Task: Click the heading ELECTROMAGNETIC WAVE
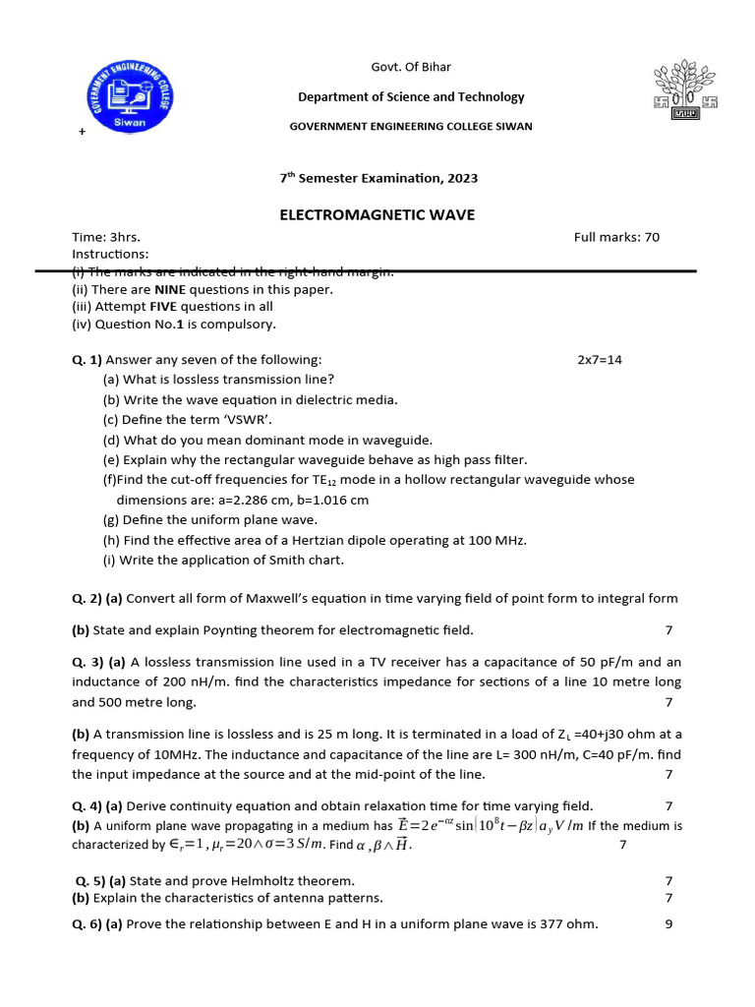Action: point(377,214)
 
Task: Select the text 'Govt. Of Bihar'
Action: point(411,67)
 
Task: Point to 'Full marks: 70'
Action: point(616,237)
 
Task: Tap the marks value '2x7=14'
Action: point(600,360)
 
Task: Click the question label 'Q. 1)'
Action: point(87,360)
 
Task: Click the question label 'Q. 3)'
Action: point(87,662)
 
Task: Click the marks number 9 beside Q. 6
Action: point(668,924)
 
